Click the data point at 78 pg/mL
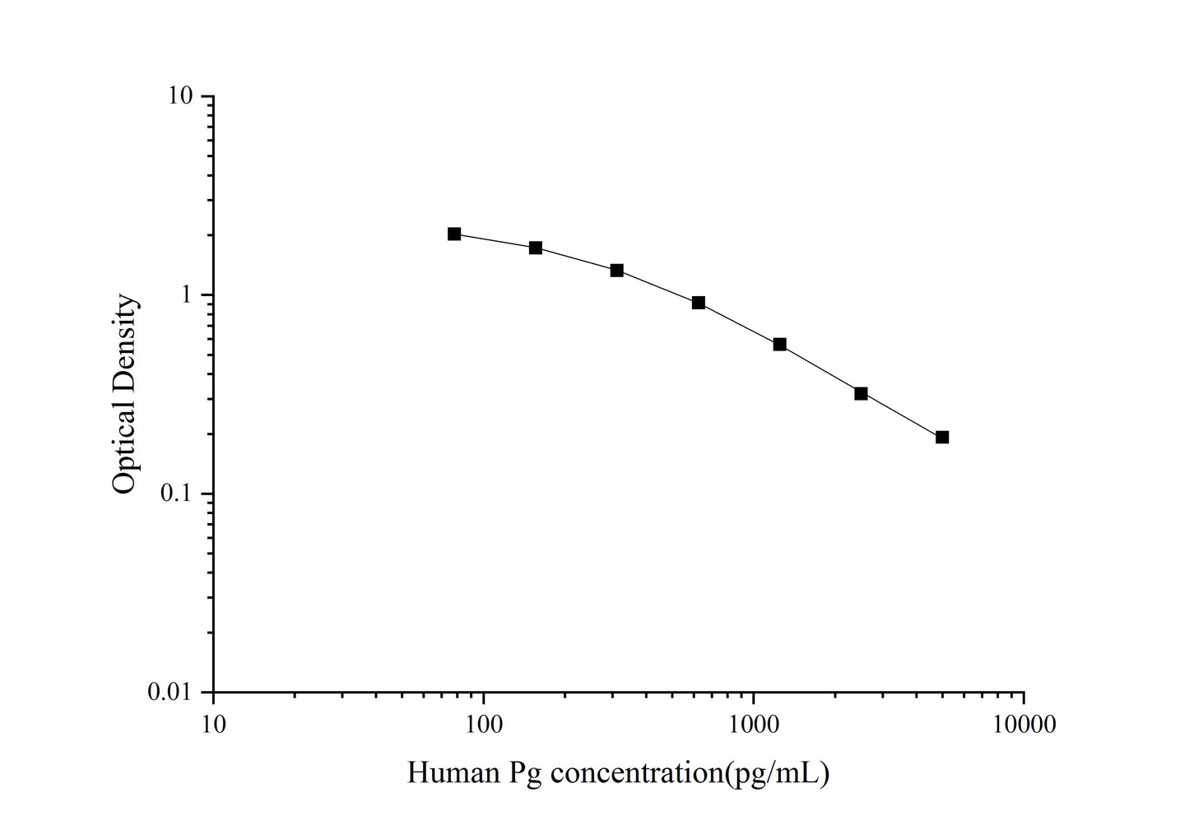pos(454,234)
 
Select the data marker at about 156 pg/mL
pos(536,248)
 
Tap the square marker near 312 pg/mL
pos(617,271)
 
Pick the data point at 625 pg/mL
pos(699,303)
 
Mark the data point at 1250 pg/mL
pos(780,344)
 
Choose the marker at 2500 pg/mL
pos(862,393)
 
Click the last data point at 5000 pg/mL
pos(942,437)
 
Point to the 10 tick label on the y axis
pos(181,96)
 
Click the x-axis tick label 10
pos(213,725)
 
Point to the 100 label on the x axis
pos(484,725)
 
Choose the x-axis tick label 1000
pos(754,725)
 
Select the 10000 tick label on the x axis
pos(1024,725)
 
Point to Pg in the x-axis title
pos(527,774)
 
